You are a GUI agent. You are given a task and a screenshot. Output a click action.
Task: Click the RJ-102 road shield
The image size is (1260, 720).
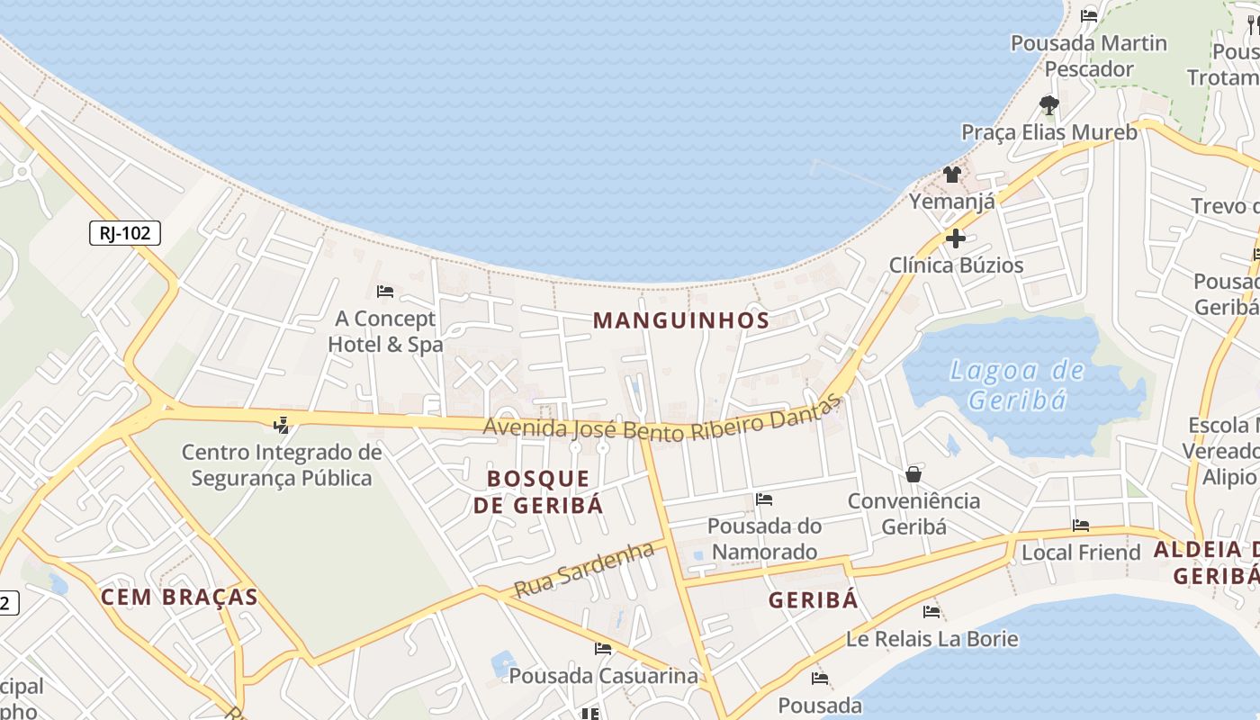pos(125,233)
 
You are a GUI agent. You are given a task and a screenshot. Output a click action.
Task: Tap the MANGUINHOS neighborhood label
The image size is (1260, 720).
pos(681,320)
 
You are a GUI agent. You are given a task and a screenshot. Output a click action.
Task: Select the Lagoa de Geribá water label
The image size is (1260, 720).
pos(1018,384)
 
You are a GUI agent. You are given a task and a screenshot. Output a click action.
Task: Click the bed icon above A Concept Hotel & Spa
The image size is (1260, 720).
pos(385,292)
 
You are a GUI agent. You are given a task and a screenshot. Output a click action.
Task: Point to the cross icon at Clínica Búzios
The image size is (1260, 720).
pos(955,238)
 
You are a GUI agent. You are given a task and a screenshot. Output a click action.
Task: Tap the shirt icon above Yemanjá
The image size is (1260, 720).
pos(952,174)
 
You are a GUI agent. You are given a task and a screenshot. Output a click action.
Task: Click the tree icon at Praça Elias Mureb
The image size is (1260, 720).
pos(1048,105)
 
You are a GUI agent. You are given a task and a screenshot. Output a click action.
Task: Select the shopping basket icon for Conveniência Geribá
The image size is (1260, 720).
pos(913,473)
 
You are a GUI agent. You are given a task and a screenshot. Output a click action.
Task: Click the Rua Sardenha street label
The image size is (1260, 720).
pos(583,570)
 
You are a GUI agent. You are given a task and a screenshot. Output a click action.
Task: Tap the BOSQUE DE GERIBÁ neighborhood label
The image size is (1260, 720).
pos(538,491)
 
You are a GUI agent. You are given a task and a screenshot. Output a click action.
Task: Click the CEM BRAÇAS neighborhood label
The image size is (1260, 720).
pos(179,597)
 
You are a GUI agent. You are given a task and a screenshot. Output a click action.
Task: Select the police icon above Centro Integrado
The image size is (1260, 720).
pos(282,424)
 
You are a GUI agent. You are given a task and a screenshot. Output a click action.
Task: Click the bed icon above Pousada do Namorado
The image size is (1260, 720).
pos(764,499)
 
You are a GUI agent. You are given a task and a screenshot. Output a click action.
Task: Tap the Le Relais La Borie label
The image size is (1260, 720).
pos(931,639)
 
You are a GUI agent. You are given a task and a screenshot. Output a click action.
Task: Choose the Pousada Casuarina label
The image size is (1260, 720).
pos(603,675)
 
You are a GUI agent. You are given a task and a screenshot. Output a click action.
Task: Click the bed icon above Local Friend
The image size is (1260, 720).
pos(1081,526)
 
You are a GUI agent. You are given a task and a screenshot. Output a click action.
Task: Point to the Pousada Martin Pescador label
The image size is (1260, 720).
pos(1089,56)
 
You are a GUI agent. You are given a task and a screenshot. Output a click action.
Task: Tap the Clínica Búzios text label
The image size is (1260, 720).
pos(956,265)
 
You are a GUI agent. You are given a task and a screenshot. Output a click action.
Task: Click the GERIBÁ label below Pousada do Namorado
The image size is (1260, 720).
pos(814,600)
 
